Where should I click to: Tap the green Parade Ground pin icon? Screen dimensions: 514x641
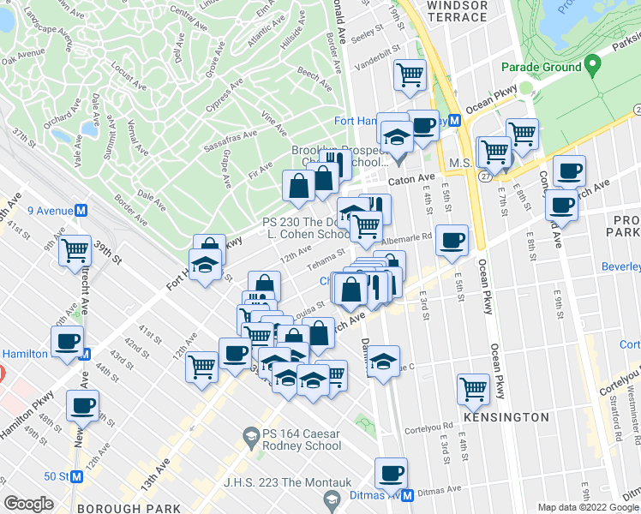pyautogui.click(x=591, y=66)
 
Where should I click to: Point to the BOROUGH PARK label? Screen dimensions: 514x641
pyautogui.click(x=139, y=508)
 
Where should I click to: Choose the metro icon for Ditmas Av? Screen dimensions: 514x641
pyautogui.click(x=408, y=495)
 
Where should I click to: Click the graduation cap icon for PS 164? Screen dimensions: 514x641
pyautogui.click(x=250, y=438)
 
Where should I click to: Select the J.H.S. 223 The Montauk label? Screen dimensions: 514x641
pyautogui.click(x=260, y=481)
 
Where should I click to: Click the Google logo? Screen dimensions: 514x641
pyautogui.click(x=28, y=503)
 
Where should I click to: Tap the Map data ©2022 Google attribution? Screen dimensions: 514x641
pyautogui.click(x=588, y=507)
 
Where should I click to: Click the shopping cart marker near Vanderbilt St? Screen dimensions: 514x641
pyautogui.click(x=410, y=75)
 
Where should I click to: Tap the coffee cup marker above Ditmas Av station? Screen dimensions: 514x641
pyautogui.click(x=392, y=472)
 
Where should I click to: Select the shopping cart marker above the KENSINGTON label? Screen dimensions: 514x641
pyautogui.click(x=473, y=388)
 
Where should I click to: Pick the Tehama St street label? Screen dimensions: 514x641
pyautogui.click(x=326, y=258)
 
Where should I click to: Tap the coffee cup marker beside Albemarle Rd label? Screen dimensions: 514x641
pyautogui.click(x=452, y=241)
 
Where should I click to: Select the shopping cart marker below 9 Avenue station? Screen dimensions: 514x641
pyautogui.click(x=75, y=249)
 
